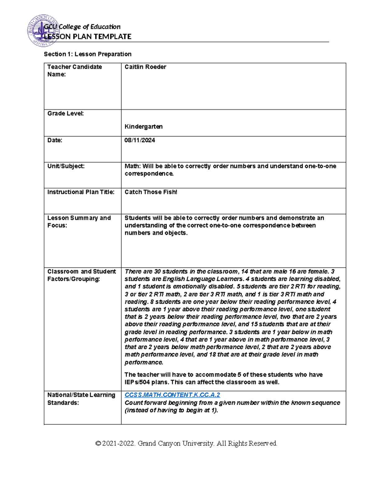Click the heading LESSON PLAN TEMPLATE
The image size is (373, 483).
88,37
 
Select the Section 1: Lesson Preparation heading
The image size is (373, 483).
88,54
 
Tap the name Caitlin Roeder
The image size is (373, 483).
145,67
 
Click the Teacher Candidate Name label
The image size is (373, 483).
74,71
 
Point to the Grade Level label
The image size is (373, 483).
65,114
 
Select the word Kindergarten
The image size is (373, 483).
143,127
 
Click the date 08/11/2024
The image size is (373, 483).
140,140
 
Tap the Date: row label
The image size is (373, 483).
55,140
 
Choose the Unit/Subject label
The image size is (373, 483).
66,166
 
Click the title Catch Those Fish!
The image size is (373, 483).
151,192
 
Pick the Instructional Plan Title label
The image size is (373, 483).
81,192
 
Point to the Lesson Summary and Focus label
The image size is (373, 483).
79,221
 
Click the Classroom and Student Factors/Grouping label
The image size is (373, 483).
81,275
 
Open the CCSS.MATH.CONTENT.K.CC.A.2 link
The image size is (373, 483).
172,395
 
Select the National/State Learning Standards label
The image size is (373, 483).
81,399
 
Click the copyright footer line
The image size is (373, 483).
186,443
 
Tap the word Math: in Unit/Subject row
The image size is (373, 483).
132,166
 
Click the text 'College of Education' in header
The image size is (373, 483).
90,27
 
